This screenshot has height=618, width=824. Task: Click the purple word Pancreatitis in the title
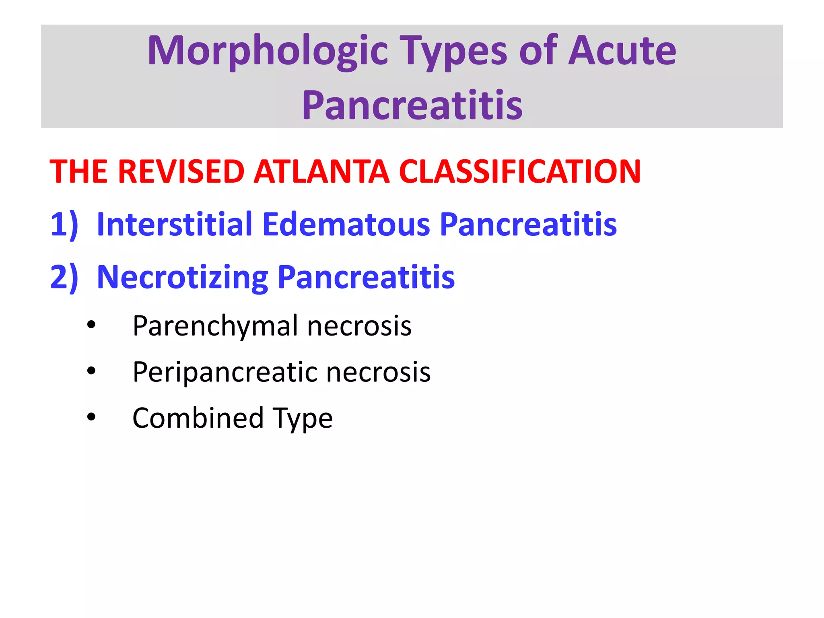412,105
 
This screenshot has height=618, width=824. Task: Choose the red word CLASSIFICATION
520,172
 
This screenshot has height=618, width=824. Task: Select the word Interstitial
175,224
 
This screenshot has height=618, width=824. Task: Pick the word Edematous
346,224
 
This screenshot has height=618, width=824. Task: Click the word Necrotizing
182,278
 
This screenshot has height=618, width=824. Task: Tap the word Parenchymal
216,326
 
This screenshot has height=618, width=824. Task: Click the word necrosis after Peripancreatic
378,372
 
